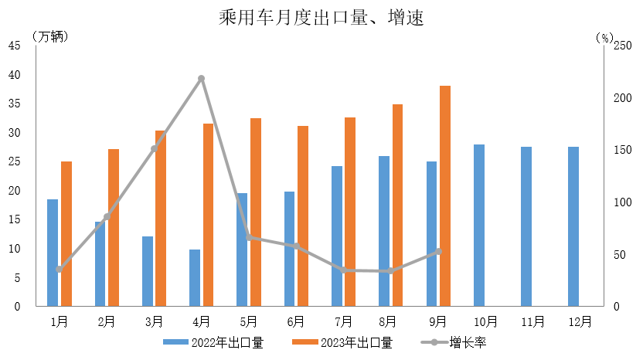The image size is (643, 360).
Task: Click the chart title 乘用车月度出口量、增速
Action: pos(321,17)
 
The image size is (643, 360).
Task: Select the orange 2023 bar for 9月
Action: pos(445,196)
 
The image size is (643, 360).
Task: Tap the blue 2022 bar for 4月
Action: pos(195,278)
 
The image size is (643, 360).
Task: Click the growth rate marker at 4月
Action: pos(201,79)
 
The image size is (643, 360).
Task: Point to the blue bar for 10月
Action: pos(479,226)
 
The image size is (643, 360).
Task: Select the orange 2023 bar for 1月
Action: pos(66,234)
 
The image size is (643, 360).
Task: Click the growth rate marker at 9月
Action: pos(438,251)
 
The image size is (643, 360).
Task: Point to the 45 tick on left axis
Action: pos(15,46)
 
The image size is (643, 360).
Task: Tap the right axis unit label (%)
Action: pos(604,36)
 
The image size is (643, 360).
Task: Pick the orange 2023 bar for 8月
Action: pos(397,205)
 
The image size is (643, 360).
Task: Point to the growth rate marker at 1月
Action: pos(59,269)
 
